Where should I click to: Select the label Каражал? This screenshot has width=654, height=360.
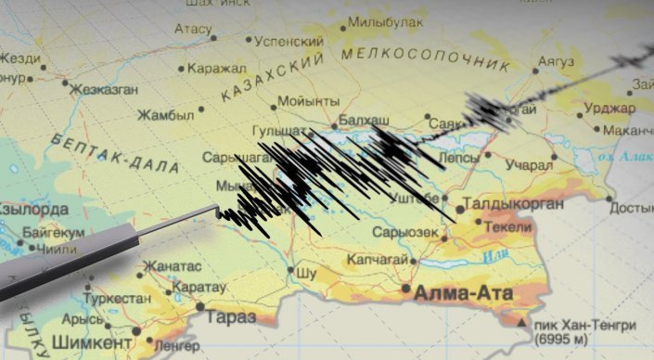coord(215,68)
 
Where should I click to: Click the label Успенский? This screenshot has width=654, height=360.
coord(290,42)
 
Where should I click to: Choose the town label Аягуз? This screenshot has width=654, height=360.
coord(560,60)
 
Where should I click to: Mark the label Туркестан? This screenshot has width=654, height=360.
coord(117,301)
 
